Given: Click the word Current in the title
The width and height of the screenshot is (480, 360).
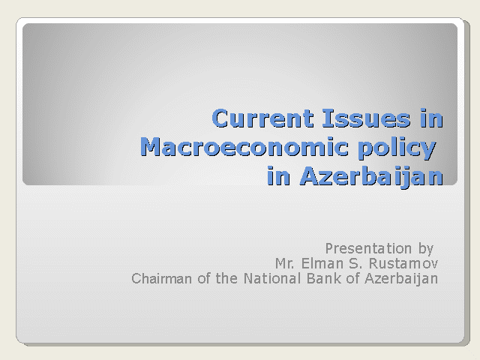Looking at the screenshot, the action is point(262,118).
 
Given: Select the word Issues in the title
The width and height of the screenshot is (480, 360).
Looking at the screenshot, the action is point(366,118).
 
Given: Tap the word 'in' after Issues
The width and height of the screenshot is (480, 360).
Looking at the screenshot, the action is point(432,118).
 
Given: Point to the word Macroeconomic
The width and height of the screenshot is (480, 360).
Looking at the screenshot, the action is point(244,147).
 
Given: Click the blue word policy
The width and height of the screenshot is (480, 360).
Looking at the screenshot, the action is point(397,148).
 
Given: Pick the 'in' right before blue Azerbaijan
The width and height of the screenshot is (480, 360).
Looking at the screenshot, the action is point(278,175).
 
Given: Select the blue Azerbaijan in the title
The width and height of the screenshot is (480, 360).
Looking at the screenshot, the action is point(371,177).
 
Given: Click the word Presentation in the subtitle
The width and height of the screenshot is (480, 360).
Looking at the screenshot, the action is point(368,248).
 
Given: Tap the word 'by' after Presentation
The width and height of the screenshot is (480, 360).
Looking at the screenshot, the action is point(426,249).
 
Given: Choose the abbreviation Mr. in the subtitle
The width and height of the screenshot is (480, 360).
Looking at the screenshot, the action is point(284,263).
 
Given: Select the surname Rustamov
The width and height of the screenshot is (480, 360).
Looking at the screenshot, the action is point(403,263).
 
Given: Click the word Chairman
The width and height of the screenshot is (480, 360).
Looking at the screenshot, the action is point(161,278).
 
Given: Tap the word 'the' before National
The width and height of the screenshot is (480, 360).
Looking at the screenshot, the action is point(226,278).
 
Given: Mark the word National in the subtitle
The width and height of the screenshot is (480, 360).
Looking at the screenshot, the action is point(272,278).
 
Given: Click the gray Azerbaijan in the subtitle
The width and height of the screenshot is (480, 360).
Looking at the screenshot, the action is point(401,279).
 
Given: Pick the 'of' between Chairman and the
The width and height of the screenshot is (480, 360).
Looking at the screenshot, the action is point(203,278).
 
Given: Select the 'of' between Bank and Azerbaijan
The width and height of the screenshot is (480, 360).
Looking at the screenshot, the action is point(352,278).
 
